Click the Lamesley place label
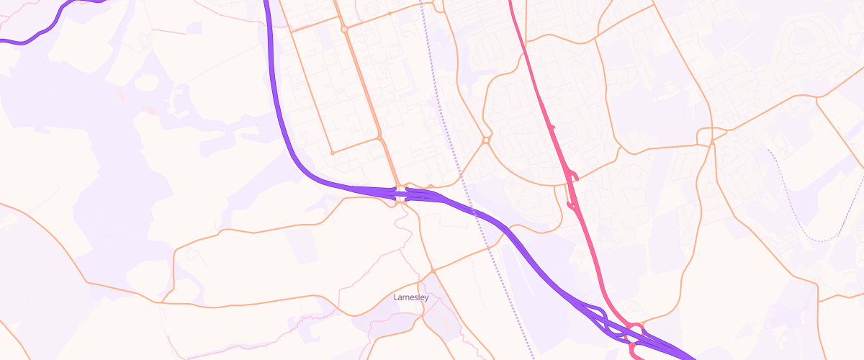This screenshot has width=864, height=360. (x=412, y=297)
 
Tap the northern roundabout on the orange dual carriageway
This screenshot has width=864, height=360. (x=345, y=30)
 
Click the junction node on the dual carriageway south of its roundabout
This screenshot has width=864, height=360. (x=379, y=137)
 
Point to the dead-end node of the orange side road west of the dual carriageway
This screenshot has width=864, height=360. (x=332, y=153)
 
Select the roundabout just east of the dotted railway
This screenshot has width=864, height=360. (x=487, y=140)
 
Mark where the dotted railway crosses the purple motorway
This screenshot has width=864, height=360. (x=474, y=212)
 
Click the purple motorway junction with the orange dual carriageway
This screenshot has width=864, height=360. (x=400, y=192)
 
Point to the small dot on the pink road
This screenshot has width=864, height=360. (x=553, y=127)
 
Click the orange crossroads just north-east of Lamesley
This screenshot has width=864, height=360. (x=433, y=271)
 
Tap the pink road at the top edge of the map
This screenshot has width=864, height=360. (x=510, y=3)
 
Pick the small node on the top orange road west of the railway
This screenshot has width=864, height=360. (x=390, y=13)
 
